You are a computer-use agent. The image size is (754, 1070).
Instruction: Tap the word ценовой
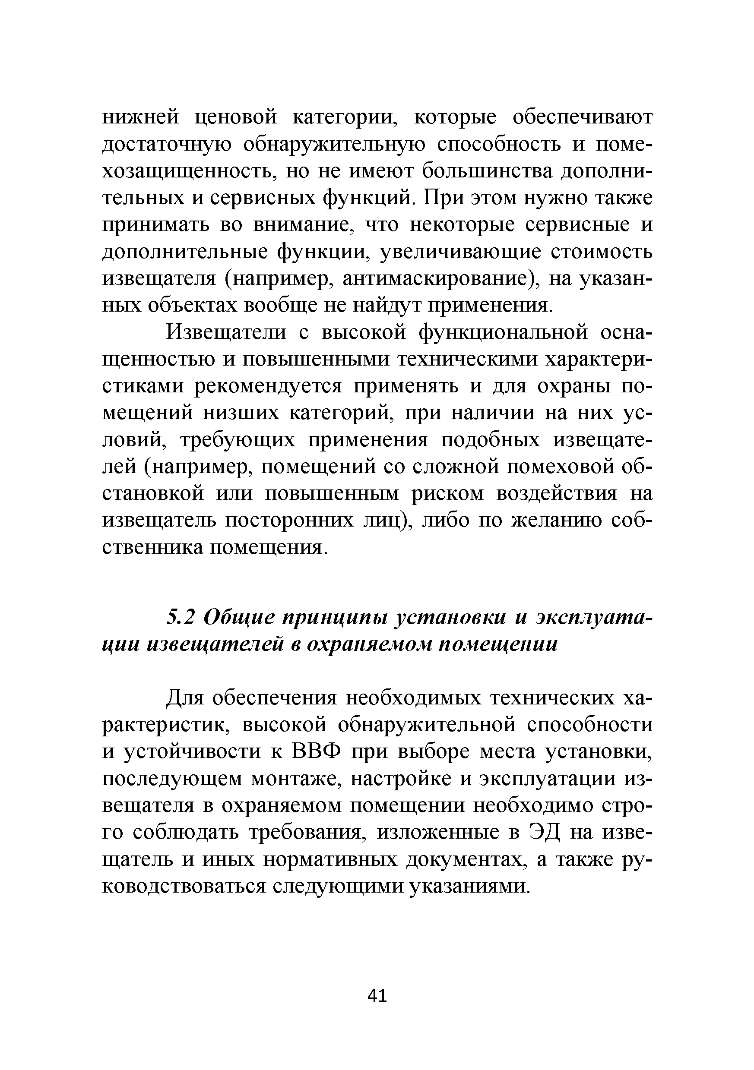click(235, 117)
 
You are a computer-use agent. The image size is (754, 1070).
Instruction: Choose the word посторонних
click(288, 521)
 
